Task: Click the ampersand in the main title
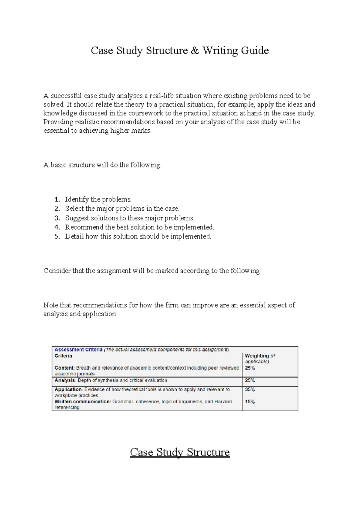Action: click(x=195, y=50)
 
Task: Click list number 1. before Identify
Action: click(x=57, y=199)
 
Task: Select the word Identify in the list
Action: click(x=77, y=199)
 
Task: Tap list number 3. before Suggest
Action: click(x=57, y=218)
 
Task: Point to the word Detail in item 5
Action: click(x=74, y=236)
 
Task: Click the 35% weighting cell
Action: click(x=250, y=389)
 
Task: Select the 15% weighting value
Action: click(x=250, y=402)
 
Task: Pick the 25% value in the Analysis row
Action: click(x=250, y=380)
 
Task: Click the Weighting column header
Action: click(x=257, y=356)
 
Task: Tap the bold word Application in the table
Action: click(x=68, y=389)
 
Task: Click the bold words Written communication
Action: click(x=83, y=402)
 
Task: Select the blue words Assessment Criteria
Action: click(x=78, y=350)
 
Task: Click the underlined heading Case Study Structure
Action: click(x=180, y=452)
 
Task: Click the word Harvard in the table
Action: click(x=223, y=402)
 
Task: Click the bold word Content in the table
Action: click(x=64, y=368)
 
